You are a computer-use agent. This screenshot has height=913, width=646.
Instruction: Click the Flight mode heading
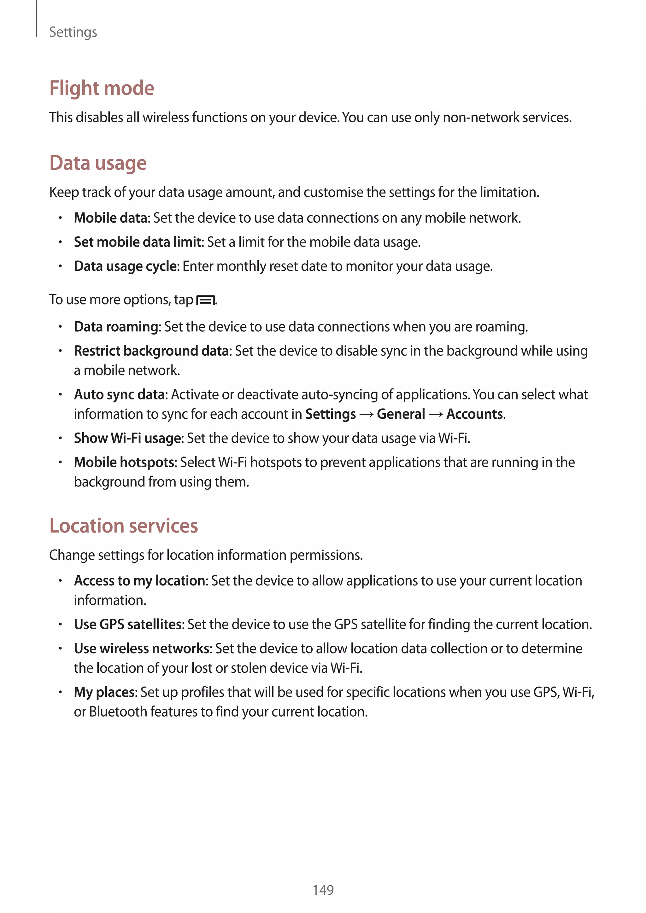pos(102,88)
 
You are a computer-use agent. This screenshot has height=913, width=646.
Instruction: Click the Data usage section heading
pos(98,163)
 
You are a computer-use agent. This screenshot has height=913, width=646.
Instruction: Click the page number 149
pos(323,890)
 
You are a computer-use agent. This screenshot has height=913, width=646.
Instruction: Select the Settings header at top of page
pos(73,32)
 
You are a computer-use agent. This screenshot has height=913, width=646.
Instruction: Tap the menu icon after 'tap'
pos(205,300)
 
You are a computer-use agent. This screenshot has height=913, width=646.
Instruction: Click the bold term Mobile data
pos(111,218)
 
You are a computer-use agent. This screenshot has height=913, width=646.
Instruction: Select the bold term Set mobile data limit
pos(138,242)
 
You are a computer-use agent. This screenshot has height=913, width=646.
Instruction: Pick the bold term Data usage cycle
pos(125,266)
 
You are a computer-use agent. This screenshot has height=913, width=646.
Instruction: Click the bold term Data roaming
pos(116,327)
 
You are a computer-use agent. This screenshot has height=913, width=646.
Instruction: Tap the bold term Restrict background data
pos(151,351)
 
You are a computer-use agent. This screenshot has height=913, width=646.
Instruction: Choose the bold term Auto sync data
pos(119,394)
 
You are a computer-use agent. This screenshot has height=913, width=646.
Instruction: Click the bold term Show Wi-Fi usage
pos(127,438)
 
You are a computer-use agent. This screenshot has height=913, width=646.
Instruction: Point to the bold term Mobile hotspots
pos(124,462)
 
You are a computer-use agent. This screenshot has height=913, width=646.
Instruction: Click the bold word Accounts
pos(474,414)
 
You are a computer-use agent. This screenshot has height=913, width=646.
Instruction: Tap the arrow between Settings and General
pos(366,414)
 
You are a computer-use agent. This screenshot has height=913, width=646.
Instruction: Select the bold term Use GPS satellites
pos(127,624)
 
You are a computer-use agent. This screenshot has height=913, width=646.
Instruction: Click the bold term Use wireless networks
pos(141,648)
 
